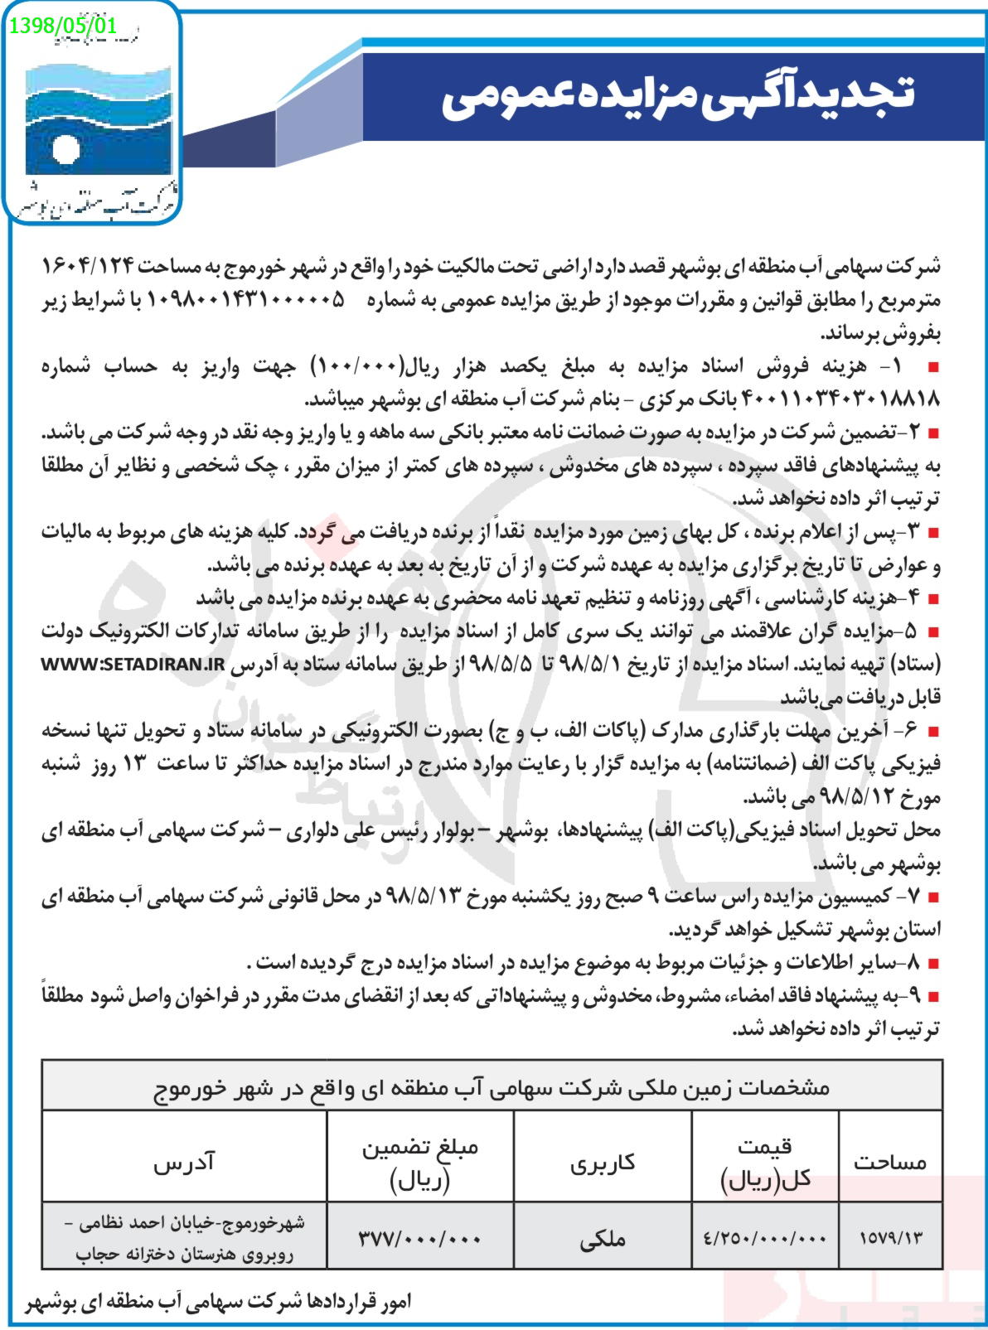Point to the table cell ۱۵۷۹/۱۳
pyautogui.click(x=890, y=1237)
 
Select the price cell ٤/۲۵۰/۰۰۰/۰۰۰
pyautogui.click(x=765, y=1237)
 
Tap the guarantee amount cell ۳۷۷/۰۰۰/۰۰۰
pyautogui.click(x=420, y=1237)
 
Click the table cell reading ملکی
pyautogui.click(x=603, y=1239)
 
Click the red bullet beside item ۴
pyautogui.click(x=934, y=598)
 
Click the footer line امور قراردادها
pyautogui.click(x=219, y=1302)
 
